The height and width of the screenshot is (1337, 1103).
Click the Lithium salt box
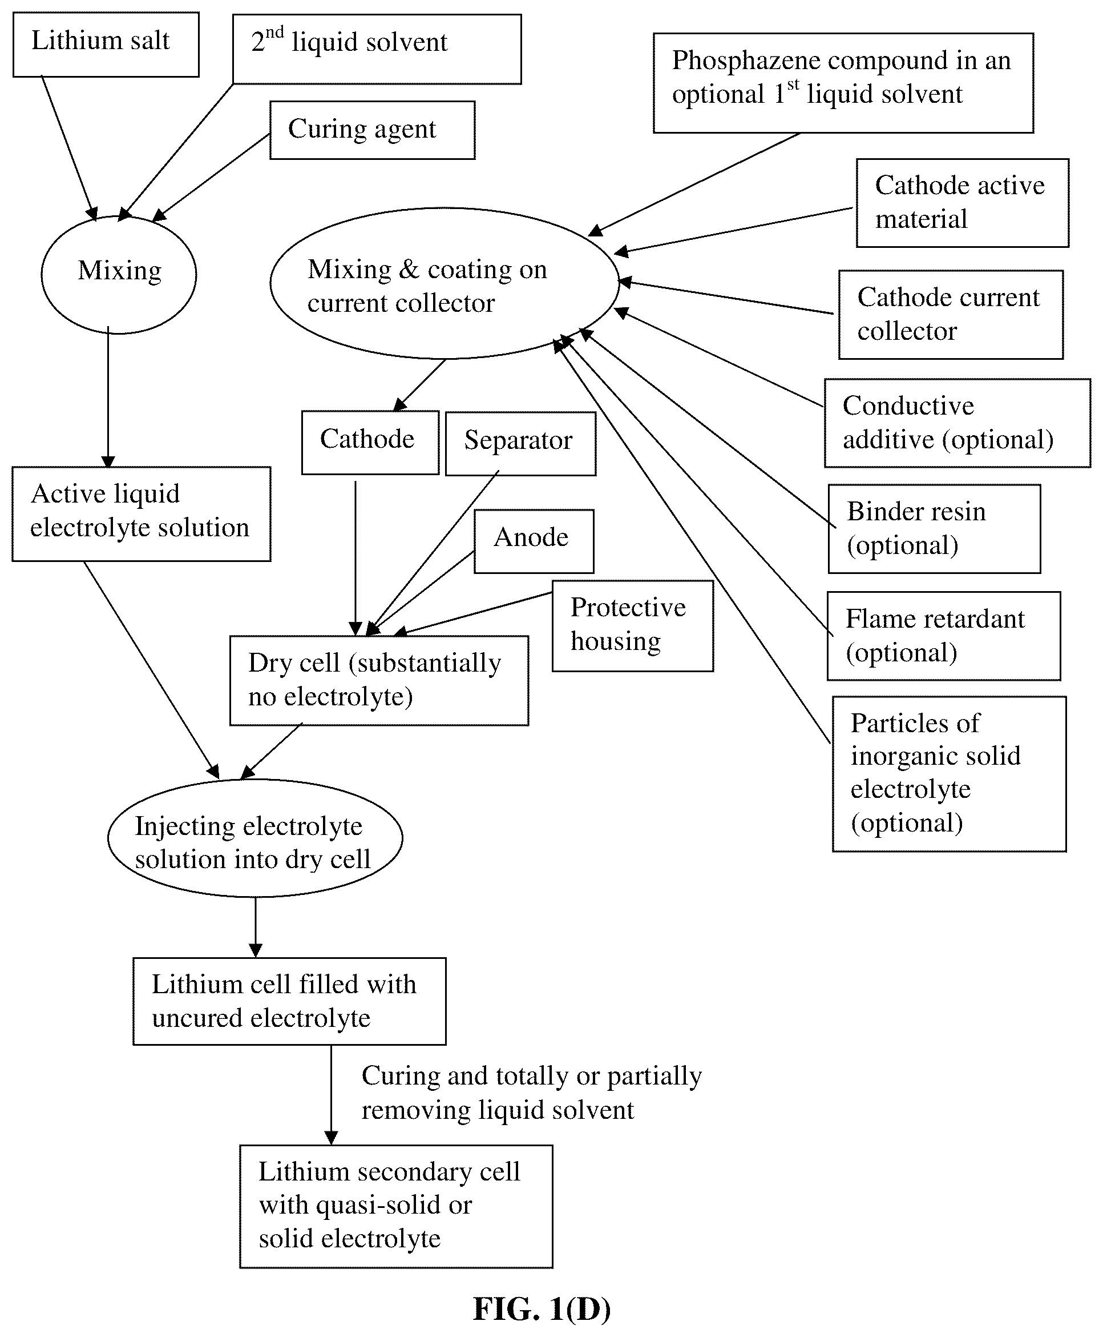(x=106, y=45)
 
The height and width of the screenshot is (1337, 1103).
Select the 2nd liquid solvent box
(x=377, y=49)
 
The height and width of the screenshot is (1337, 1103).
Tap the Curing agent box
(x=372, y=130)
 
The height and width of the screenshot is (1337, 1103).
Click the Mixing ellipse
(x=119, y=274)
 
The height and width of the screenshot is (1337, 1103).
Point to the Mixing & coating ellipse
(x=444, y=283)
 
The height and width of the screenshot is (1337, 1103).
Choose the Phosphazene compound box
(x=843, y=83)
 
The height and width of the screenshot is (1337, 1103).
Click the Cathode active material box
(x=962, y=203)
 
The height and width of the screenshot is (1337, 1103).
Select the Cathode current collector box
(x=951, y=315)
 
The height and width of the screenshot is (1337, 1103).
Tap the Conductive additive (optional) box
(x=957, y=423)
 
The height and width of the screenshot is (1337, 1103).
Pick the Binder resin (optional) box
(x=934, y=529)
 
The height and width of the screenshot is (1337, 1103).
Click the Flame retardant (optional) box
(x=944, y=636)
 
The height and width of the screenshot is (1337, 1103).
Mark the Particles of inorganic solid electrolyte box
(x=950, y=774)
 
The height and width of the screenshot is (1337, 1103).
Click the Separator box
(x=520, y=444)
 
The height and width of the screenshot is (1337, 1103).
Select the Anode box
(x=534, y=541)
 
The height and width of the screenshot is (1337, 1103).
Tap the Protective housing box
(x=632, y=625)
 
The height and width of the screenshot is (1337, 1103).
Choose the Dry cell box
(x=379, y=681)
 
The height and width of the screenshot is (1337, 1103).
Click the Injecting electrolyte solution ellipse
(x=255, y=838)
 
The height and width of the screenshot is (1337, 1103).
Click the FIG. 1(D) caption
(x=542, y=1308)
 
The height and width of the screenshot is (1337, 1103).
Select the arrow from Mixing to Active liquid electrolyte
(x=108, y=398)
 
